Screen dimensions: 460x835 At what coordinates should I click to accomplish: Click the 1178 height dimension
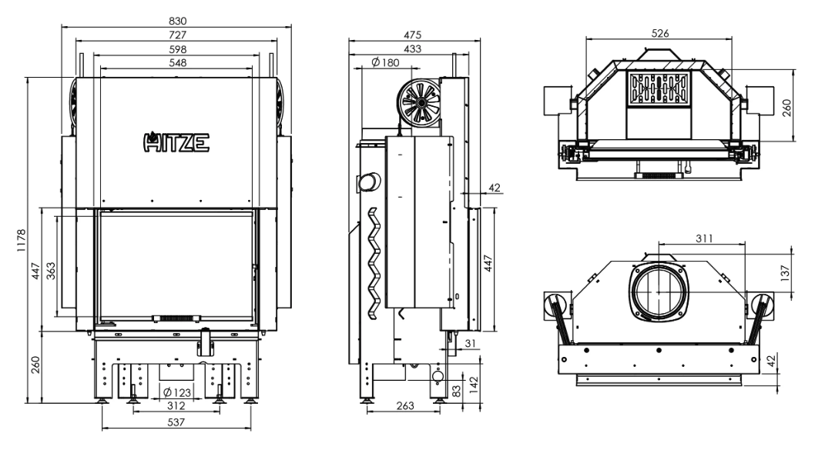[22, 241]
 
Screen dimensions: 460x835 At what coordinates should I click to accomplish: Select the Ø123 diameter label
[178, 394]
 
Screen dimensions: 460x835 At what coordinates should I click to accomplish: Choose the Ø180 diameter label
[384, 62]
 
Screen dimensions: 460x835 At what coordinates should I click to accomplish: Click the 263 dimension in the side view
[404, 406]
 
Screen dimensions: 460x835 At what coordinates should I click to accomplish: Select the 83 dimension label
[458, 390]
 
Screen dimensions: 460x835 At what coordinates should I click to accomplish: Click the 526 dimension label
[660, 34]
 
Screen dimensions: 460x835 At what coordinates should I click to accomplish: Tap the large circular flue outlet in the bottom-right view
[659, 292]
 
